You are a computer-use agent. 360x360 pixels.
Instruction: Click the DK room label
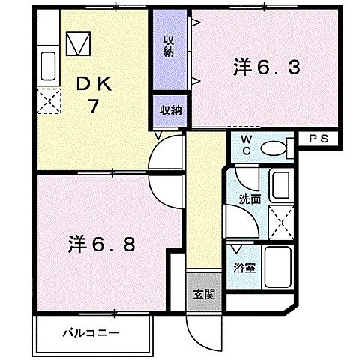tap(93, 83)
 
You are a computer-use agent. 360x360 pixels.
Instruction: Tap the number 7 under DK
tap(93, 106)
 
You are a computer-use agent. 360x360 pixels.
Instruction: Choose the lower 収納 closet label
tap(170, 110)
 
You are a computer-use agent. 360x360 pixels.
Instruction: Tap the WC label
tap(246, 145)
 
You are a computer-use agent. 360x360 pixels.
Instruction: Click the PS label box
tap(319, 139)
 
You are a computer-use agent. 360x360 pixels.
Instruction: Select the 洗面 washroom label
tap(250, 199)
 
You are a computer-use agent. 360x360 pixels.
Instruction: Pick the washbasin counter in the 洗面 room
tap(282, 184)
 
